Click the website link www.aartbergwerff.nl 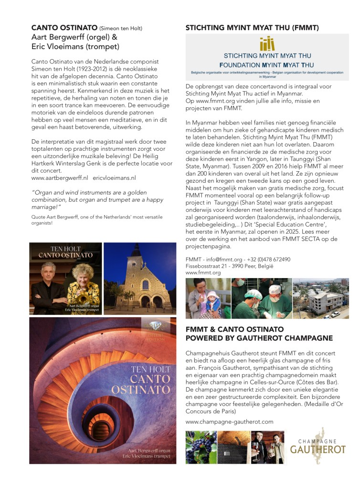coord(60,177)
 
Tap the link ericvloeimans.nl coord(114,177)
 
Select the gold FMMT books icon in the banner coord(267,44)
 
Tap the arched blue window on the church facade coord(145,284)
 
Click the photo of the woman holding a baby coord(207,298)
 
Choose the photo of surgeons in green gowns coord(261,298)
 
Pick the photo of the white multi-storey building coord(321,298)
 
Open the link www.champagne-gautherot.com coord(229,422)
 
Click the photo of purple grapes coord(201,447)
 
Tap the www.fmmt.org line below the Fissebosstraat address coord(203,273)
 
